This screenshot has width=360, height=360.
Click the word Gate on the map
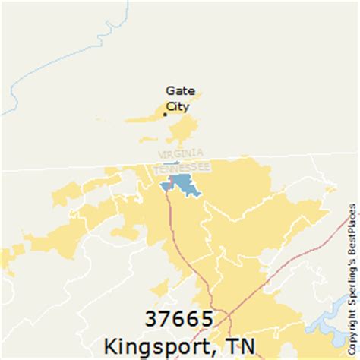(179, 90)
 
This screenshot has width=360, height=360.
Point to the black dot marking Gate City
(165, 115)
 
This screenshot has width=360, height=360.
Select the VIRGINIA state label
(181, 155)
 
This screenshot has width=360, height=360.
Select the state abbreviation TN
(244, 343)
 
